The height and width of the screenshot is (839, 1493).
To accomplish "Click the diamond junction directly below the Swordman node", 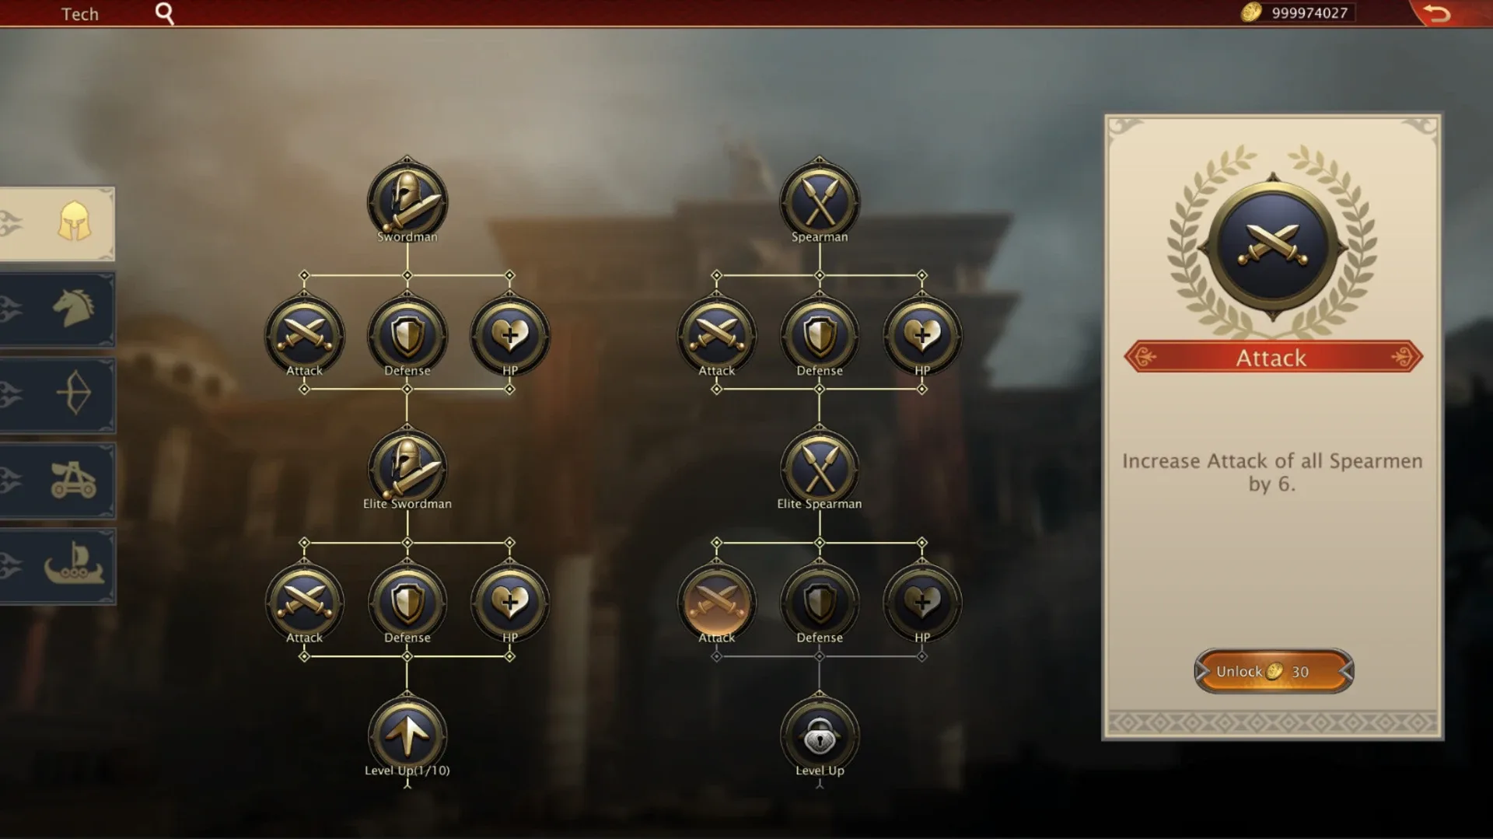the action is pyautogui.click(x=407, y=275).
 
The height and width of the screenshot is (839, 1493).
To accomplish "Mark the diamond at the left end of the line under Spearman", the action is pyautogui.click(x=716, y=275).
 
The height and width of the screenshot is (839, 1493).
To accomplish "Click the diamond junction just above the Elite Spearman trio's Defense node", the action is pyautogui.click(x=819, y=543).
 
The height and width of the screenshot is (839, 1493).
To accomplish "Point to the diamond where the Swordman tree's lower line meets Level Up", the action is pyautogui.click(x=407, y=656).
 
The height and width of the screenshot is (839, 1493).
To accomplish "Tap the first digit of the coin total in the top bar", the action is pyautogui.click(x=1276, y=13).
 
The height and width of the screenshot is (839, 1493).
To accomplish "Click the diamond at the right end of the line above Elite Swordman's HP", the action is pyautogui.click(x=509, y=543).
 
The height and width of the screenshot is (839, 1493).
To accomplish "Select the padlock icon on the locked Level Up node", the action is pyautogui.click(x=819, y=735).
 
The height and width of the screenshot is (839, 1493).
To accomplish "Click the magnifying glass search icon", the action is pyautogui.click(x=164, y=13).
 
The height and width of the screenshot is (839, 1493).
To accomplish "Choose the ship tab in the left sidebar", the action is pyautogui.click(x=73, y=564).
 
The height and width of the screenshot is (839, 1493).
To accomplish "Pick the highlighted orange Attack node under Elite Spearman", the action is pyautogui.click(x=716, y=603).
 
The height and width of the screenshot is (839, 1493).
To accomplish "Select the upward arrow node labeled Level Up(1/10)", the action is pyautogui.click(x=407, y=736).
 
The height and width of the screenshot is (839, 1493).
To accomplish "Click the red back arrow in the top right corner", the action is pyautogui.click(x=1437, y=13).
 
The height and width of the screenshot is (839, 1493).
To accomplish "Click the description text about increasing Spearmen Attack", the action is pyautogui.click(x=1272, y=472).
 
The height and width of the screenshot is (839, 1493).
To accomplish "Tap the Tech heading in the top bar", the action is pyautogui.click(x=80, y=14).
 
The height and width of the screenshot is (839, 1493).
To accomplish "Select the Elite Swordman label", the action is pyautogui.click(x=407, y=504).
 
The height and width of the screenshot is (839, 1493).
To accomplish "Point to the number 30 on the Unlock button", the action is pyautogui.click(x=1300, y=672).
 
